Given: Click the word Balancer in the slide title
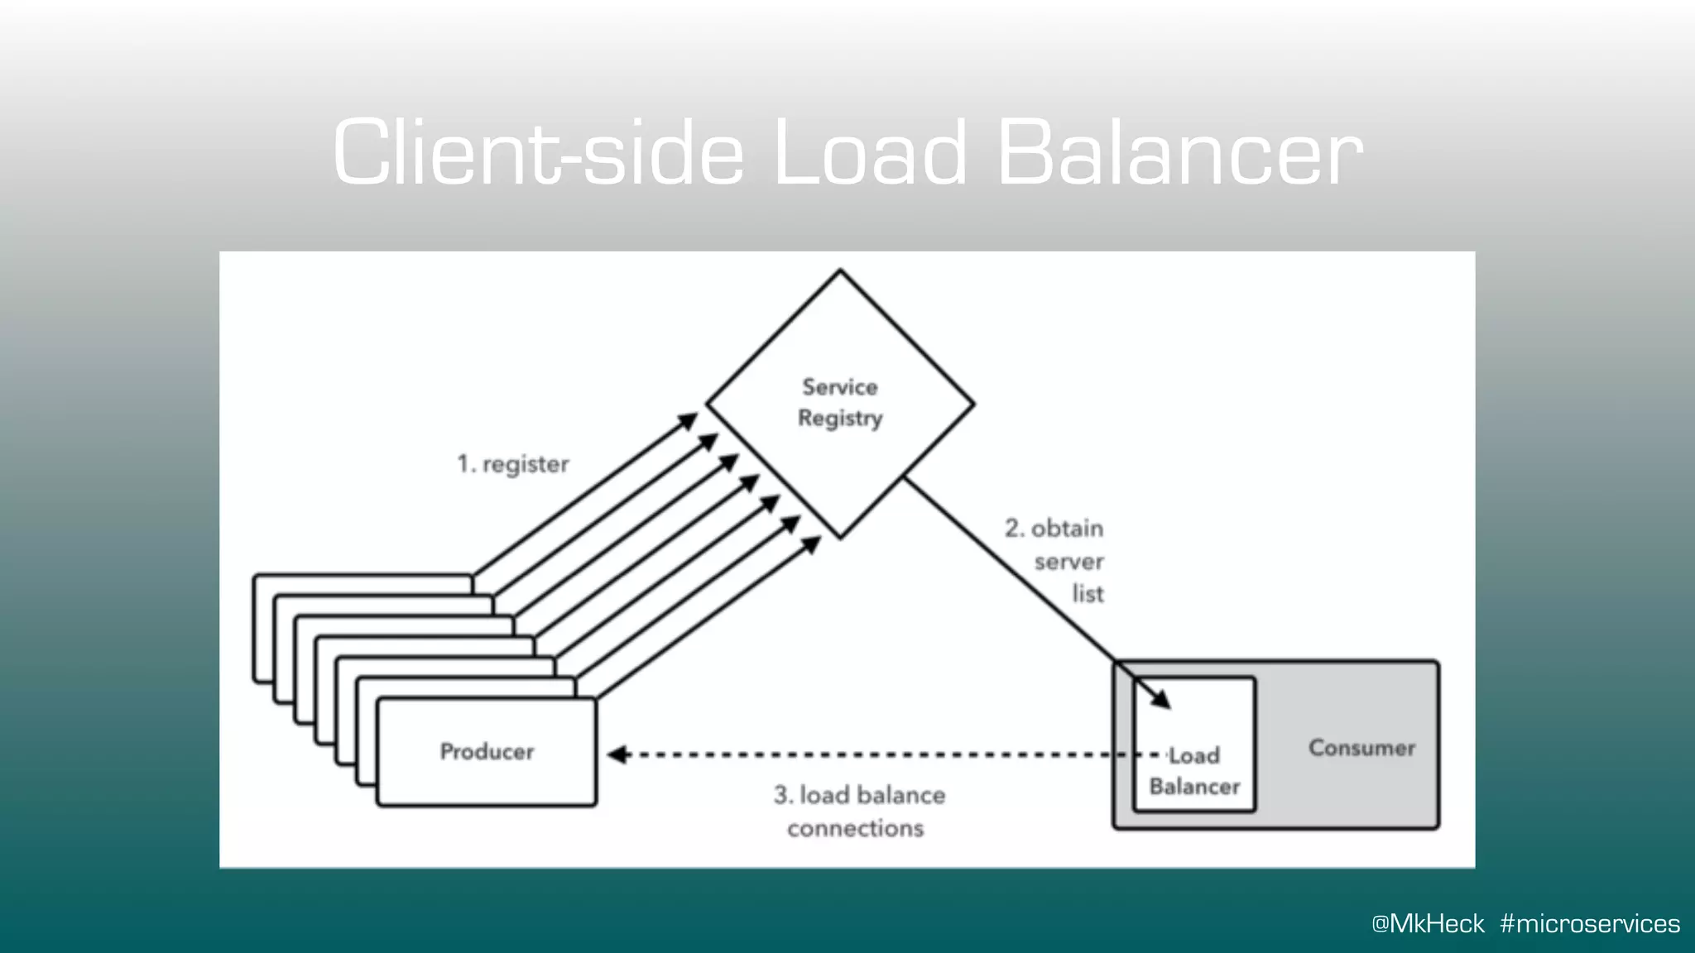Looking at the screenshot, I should (x=1179, y=153).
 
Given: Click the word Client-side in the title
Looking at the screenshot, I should (x=538, y=153).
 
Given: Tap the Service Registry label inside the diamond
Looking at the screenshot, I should (x=840, y=403).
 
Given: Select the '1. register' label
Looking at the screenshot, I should (x=513, y=464).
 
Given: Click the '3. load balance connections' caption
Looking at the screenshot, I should (x=857, y=811).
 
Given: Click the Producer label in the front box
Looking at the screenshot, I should (x=487, y=751).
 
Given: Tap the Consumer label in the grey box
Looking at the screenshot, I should (x=1361, y=748).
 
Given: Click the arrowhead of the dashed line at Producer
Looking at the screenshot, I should (x=617, y=754).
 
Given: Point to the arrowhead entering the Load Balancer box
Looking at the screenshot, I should (x=1162, y=700).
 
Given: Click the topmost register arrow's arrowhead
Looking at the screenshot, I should (x=689, y=420).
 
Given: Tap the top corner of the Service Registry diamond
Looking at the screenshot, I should (x=840, y=271).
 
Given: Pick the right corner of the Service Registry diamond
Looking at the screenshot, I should (x=972, y=405).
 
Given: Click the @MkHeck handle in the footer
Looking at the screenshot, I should (x=1427, y=923).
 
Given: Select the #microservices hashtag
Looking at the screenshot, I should (x=1589, y=923).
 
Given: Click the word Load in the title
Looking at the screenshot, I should (x=869, y=153).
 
